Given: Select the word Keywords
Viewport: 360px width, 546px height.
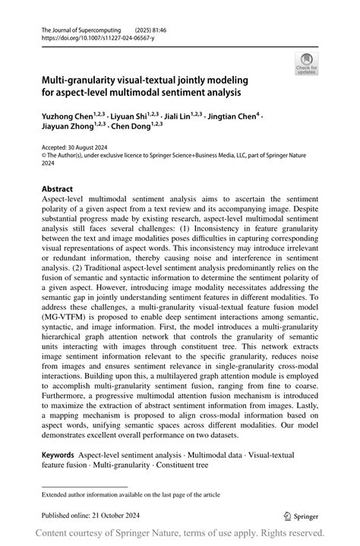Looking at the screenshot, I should tap(58, 453).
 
